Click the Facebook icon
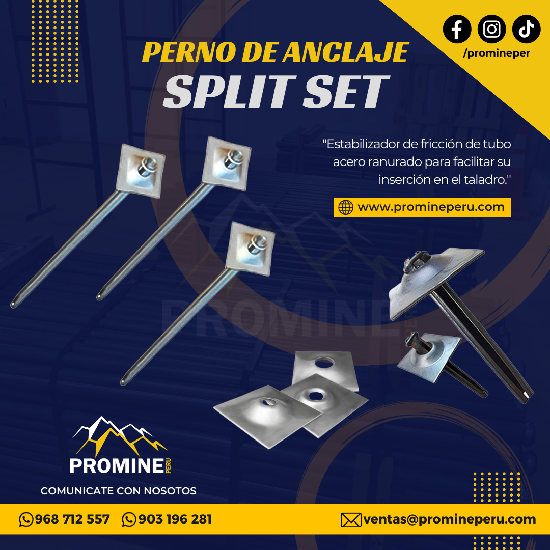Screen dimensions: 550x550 457,29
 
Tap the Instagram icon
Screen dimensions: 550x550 491,29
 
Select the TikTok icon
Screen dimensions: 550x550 526,29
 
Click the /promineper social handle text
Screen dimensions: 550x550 497,53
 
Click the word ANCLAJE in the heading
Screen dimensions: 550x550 346,52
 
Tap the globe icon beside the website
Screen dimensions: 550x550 345,207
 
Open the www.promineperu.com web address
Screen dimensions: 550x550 431,207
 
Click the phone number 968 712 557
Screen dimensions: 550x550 72,519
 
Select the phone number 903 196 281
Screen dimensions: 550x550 175,519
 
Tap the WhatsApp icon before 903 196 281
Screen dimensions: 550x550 129,519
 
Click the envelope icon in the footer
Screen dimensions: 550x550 351,520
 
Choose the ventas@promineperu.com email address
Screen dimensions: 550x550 450,519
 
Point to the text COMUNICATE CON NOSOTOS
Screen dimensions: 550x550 118,491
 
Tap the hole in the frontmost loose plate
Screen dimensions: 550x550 268,402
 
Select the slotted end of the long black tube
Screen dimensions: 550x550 526,396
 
